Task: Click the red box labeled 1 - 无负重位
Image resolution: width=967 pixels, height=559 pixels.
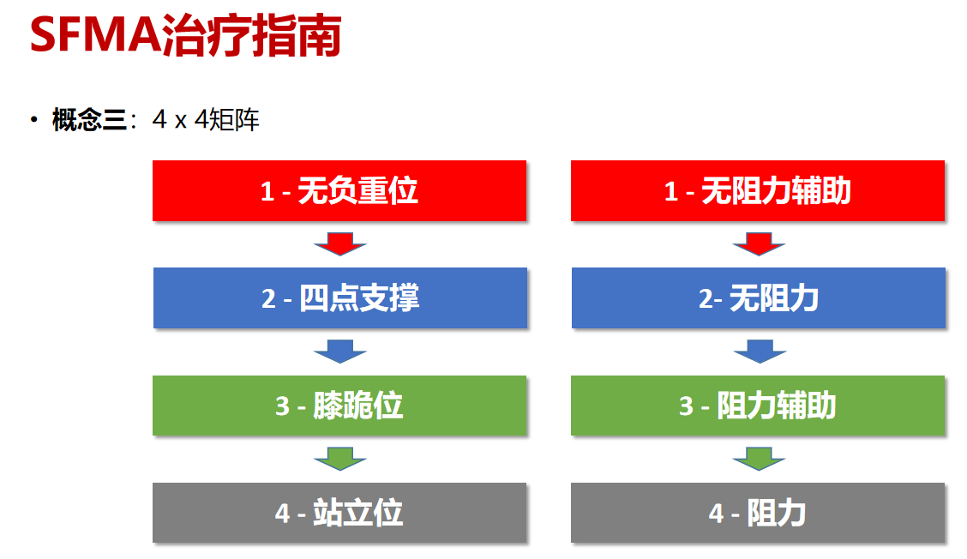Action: [x=339, y=190]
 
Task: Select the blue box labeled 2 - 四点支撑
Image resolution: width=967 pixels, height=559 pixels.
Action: [x=339, y=298]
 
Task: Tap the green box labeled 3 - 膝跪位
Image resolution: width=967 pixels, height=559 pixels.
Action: [x=339, y=405]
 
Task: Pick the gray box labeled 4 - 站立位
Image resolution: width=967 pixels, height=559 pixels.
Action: [x=339, y=513]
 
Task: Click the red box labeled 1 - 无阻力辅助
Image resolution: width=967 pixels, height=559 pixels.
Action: [x=758, y=190]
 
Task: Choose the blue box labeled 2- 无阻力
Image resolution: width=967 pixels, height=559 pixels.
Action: [x=758, y=298]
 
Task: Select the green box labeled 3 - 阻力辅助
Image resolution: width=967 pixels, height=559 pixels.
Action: [x=758, y=405]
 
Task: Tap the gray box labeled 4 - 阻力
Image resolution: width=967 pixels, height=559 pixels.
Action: [x=758, y=513]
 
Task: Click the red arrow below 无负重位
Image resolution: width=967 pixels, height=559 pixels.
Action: [x=339, y=243]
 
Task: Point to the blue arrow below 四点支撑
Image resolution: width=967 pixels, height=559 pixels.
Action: [x=339, y=352]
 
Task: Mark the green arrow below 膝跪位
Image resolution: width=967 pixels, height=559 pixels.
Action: [x=339, y=459]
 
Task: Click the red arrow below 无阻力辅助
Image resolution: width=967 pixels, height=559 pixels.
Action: [x=759, y=243]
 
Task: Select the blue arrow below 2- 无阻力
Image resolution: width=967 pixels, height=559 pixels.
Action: [x=759, y=352]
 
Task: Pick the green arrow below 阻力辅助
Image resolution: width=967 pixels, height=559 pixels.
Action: [x=759, y=459]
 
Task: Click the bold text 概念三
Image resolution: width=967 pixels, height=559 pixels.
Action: [x=88, y=120]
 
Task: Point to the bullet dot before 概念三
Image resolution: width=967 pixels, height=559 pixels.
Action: [x=33, y=119]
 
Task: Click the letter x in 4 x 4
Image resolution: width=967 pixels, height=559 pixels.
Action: [x=180, y=122]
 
